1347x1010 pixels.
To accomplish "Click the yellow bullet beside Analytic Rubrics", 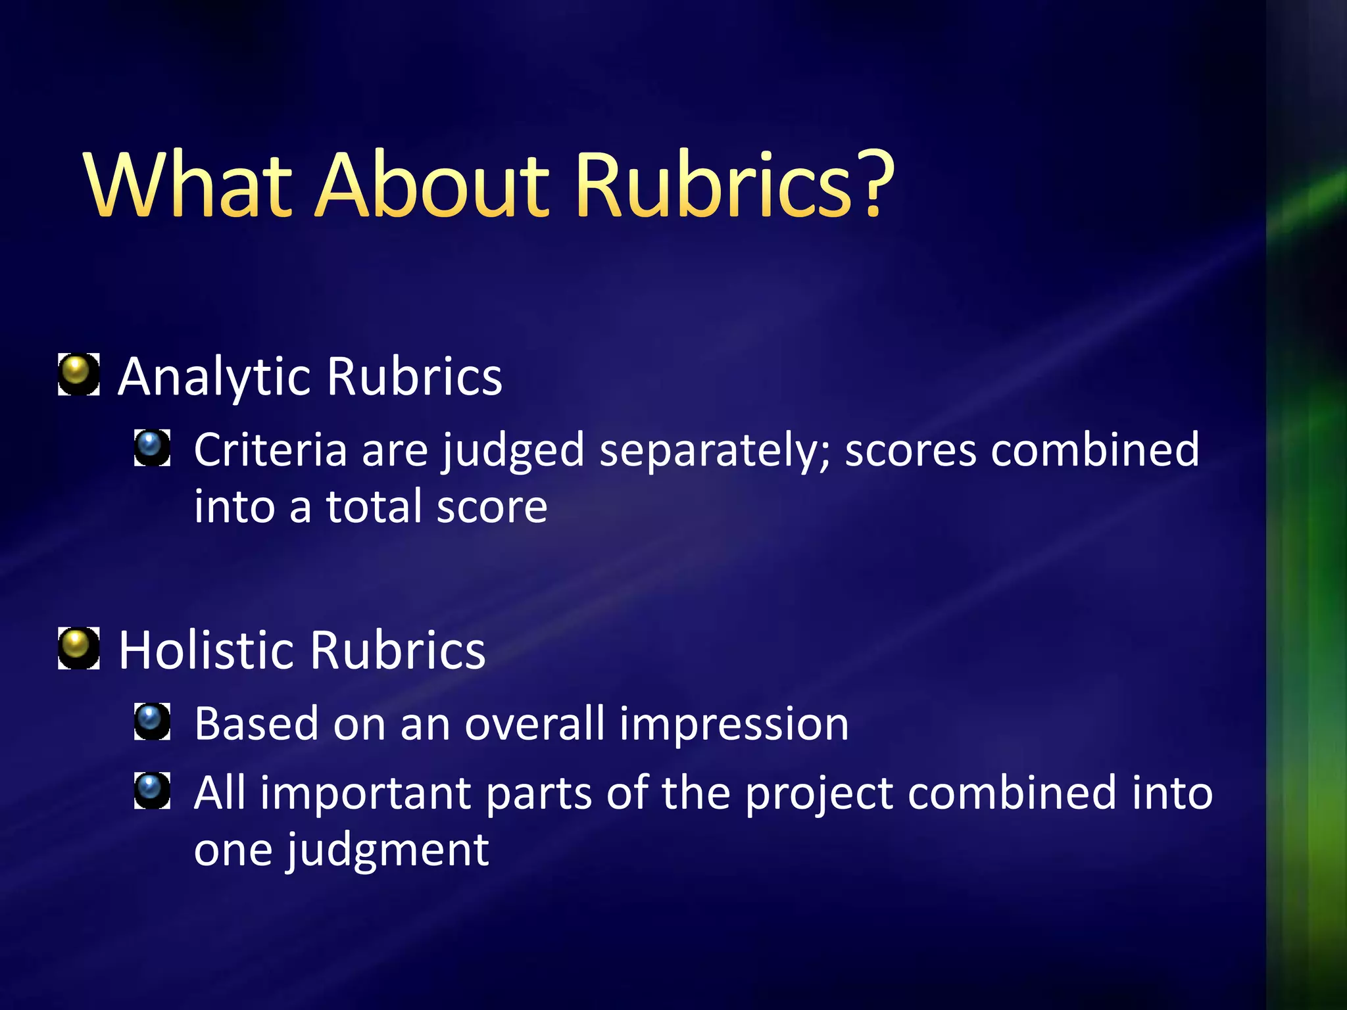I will click(x=78, y=373).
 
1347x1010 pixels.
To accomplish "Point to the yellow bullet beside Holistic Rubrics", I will click(x=78, y=648).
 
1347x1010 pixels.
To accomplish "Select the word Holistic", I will click(x=206, y=650).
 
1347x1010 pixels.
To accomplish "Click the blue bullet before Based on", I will click(x=152, y=721).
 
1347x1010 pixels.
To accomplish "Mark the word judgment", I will click(x=388, y=851).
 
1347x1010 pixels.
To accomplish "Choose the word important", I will click(x=365, y=794).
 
